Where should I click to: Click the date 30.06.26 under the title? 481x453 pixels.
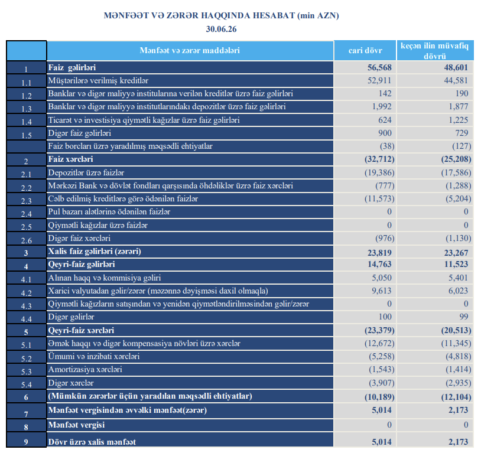pyautogui.click(x=221, y=29)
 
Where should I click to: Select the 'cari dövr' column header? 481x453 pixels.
pyautogui.click(x=365, y=50)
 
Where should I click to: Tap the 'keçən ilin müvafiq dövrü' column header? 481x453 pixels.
pyautogui.click(x=435, y=51)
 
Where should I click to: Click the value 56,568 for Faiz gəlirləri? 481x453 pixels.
pyautogui.click(x=379, y=67)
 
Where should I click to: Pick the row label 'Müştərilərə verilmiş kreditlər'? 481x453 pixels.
pyautogui.click(x=98, y=81)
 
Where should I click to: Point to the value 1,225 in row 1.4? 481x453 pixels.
pyautogui.click(x=459, y=120)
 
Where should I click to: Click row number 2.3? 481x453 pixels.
pyautogui.click(x=27, y=201)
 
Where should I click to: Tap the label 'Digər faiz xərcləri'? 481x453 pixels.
pyautogui.click(x=79, y=238)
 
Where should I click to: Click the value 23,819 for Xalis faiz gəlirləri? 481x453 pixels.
pyautogui.click(x=379, y=253)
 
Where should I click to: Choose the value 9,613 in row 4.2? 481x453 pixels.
pyautogui.click(x=382, y=291)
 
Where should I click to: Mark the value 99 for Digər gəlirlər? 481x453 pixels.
pyautogui.click(x=464, y=317)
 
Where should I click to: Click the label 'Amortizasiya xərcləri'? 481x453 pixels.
pyautogui.click(x=85, y=370)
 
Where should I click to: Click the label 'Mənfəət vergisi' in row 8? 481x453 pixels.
pyautogui.click(x=76, y=425)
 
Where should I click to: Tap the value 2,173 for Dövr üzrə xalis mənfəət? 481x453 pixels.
pyautogui.click(x=459, y=442)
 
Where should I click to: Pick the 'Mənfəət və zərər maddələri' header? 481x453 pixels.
pyautogui.click(x=190, y=50)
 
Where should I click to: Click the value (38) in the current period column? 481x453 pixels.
pyautogui.click(x=387, y=146)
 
